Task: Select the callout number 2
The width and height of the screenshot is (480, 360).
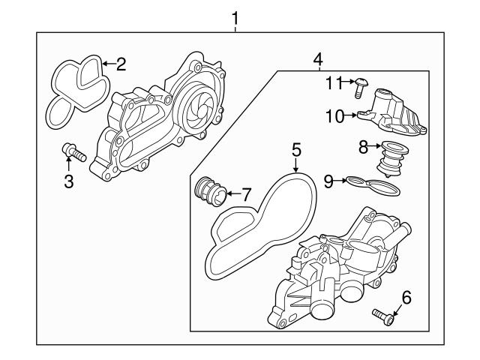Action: (120, 64)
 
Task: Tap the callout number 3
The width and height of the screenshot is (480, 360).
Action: (68, 181)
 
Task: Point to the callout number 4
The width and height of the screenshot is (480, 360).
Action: (317, 58)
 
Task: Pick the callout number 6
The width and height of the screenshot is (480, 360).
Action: (406, 298)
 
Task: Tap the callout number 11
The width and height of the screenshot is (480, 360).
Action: (333, 82)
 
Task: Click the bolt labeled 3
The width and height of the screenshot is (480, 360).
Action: (73, 153)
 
